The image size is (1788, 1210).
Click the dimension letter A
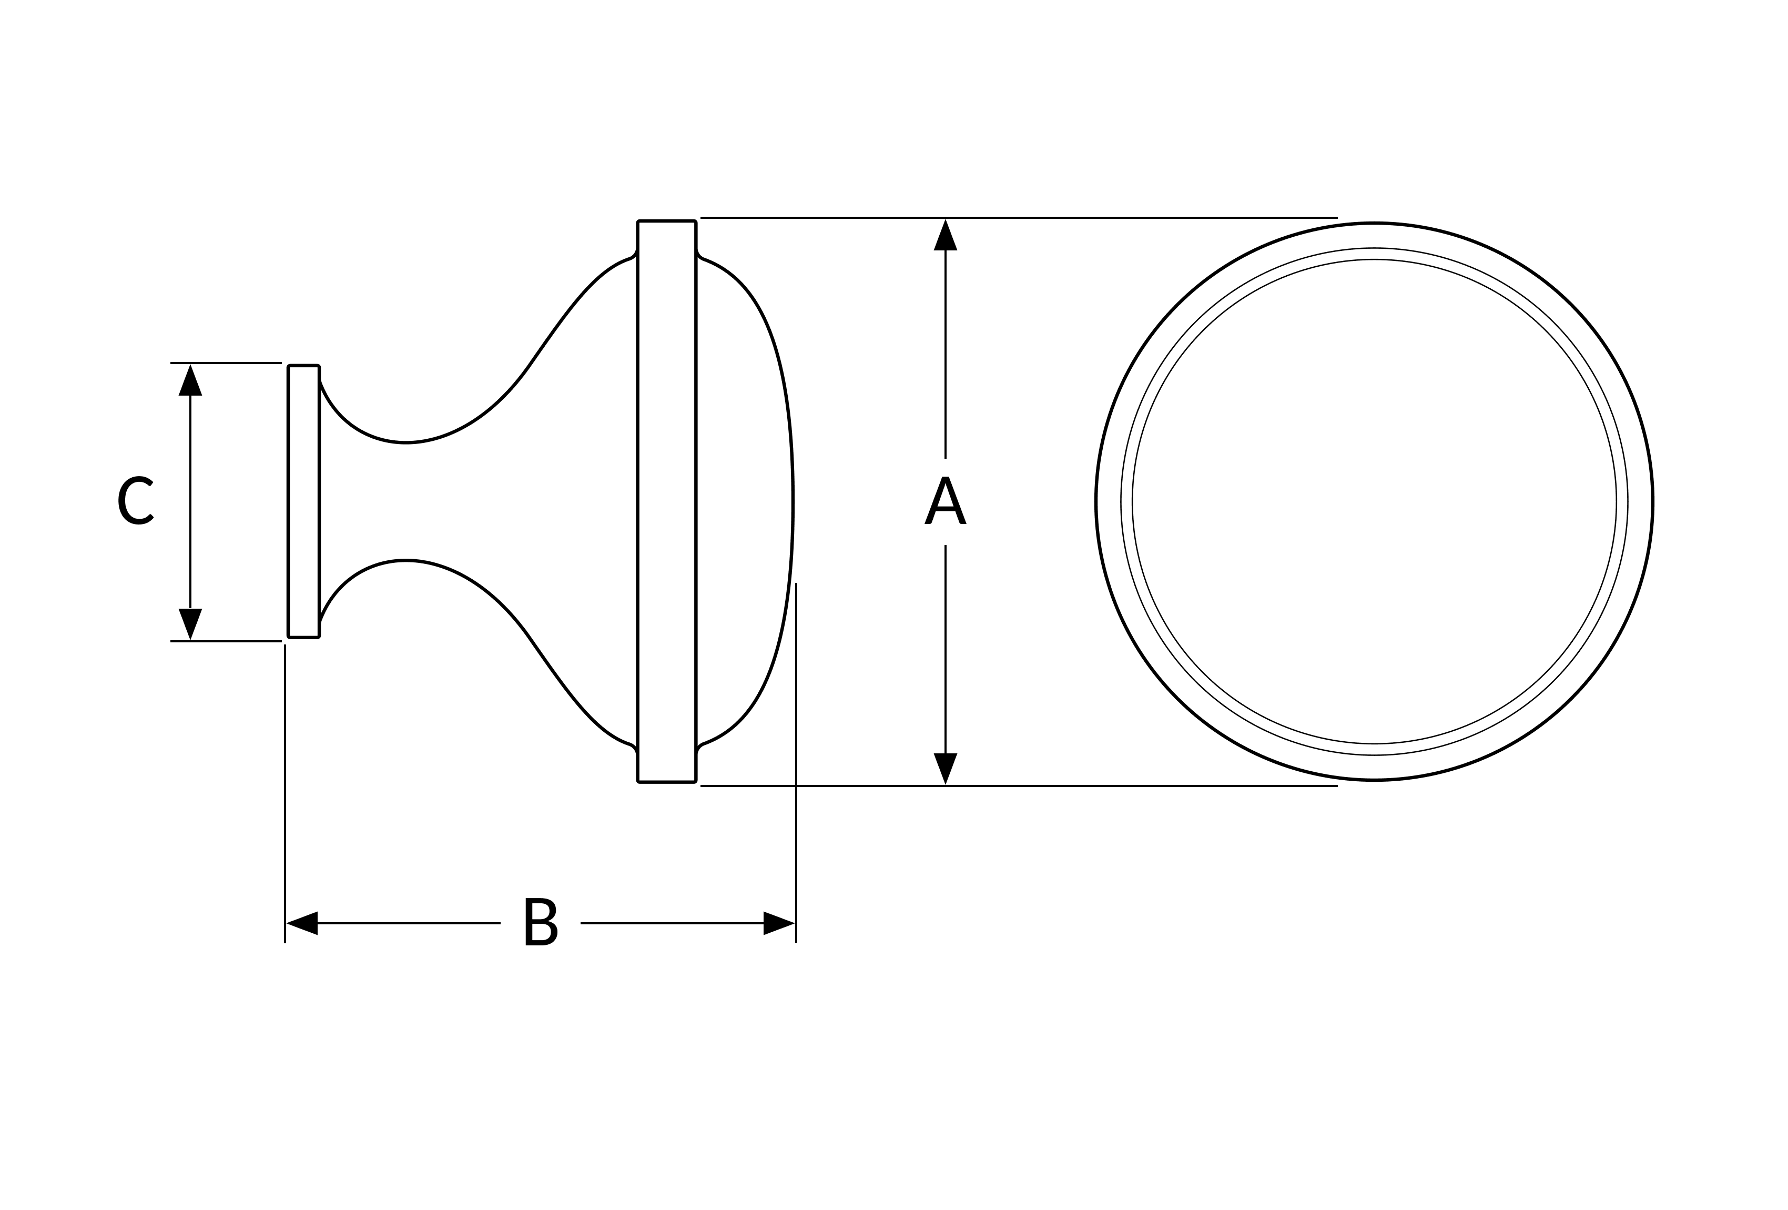click(x=945, y=500)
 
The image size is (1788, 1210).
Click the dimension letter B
click(x=541, y=921)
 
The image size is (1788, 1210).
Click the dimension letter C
click(x=135, y=500)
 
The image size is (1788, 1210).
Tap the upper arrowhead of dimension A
click(x=945, y=235)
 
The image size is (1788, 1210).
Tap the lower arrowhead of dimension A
click(x=945, y=768)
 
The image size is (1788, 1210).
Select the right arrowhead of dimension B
click(x=779, y=923)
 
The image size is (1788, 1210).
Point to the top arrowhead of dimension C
click(x=190, y=380)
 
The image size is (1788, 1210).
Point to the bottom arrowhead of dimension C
click(x=190, y=623)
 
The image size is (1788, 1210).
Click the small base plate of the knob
click(x=304, y=501)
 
